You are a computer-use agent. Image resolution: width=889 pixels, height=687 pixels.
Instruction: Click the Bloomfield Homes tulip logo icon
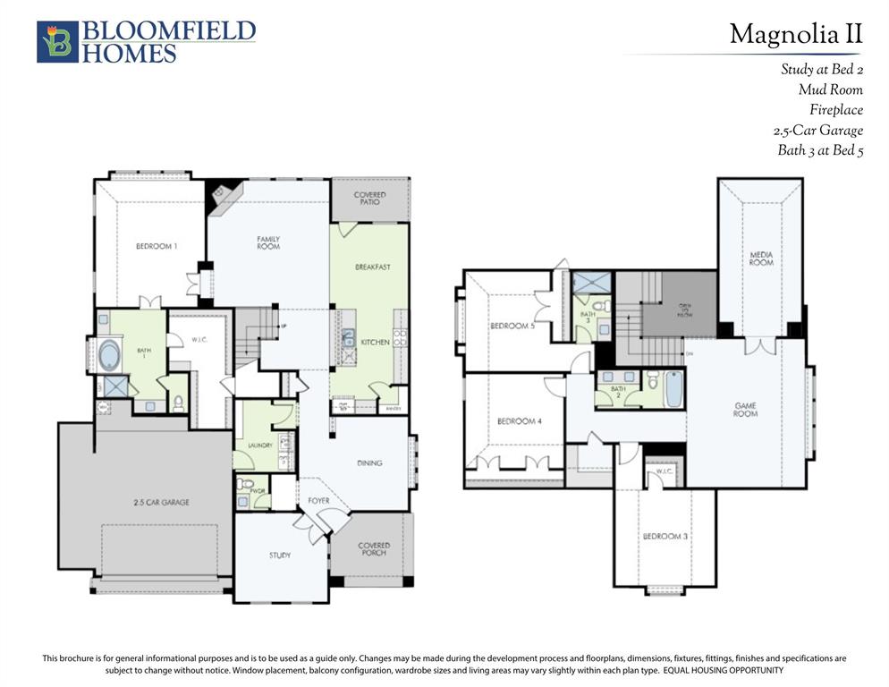[x=57, y=42]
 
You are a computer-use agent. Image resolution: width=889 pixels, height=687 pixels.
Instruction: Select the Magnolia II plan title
[x=795, y=34]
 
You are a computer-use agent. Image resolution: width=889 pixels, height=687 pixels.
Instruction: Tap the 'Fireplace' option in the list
[x=835, y=110]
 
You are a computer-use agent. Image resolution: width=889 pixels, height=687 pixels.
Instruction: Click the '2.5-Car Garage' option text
[x=817, y=131]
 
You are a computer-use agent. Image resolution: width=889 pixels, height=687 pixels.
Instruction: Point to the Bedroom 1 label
[x=157, y=246]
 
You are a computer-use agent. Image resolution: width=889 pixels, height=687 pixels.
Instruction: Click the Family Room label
[x=268, y=242]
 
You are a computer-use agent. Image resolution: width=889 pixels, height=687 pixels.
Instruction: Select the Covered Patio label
[x=369, y=199]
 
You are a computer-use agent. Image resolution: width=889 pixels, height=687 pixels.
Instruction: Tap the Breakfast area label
[x=372, y=267]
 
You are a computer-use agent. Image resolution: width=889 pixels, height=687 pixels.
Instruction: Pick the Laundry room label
[x=248, y=445]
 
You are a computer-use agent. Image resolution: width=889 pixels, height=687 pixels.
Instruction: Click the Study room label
[x=280, y=556]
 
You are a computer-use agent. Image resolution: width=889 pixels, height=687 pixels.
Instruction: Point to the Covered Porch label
[x=374, y=549]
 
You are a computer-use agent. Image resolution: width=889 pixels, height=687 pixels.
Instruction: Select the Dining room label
[x=369, y=463]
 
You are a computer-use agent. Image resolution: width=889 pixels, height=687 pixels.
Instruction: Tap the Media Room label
[x=761, y=259]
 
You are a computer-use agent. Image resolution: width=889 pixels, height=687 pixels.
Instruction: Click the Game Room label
[x=745, y=410]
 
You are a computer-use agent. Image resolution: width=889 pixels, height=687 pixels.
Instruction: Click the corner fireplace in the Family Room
[x=220, y=194]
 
